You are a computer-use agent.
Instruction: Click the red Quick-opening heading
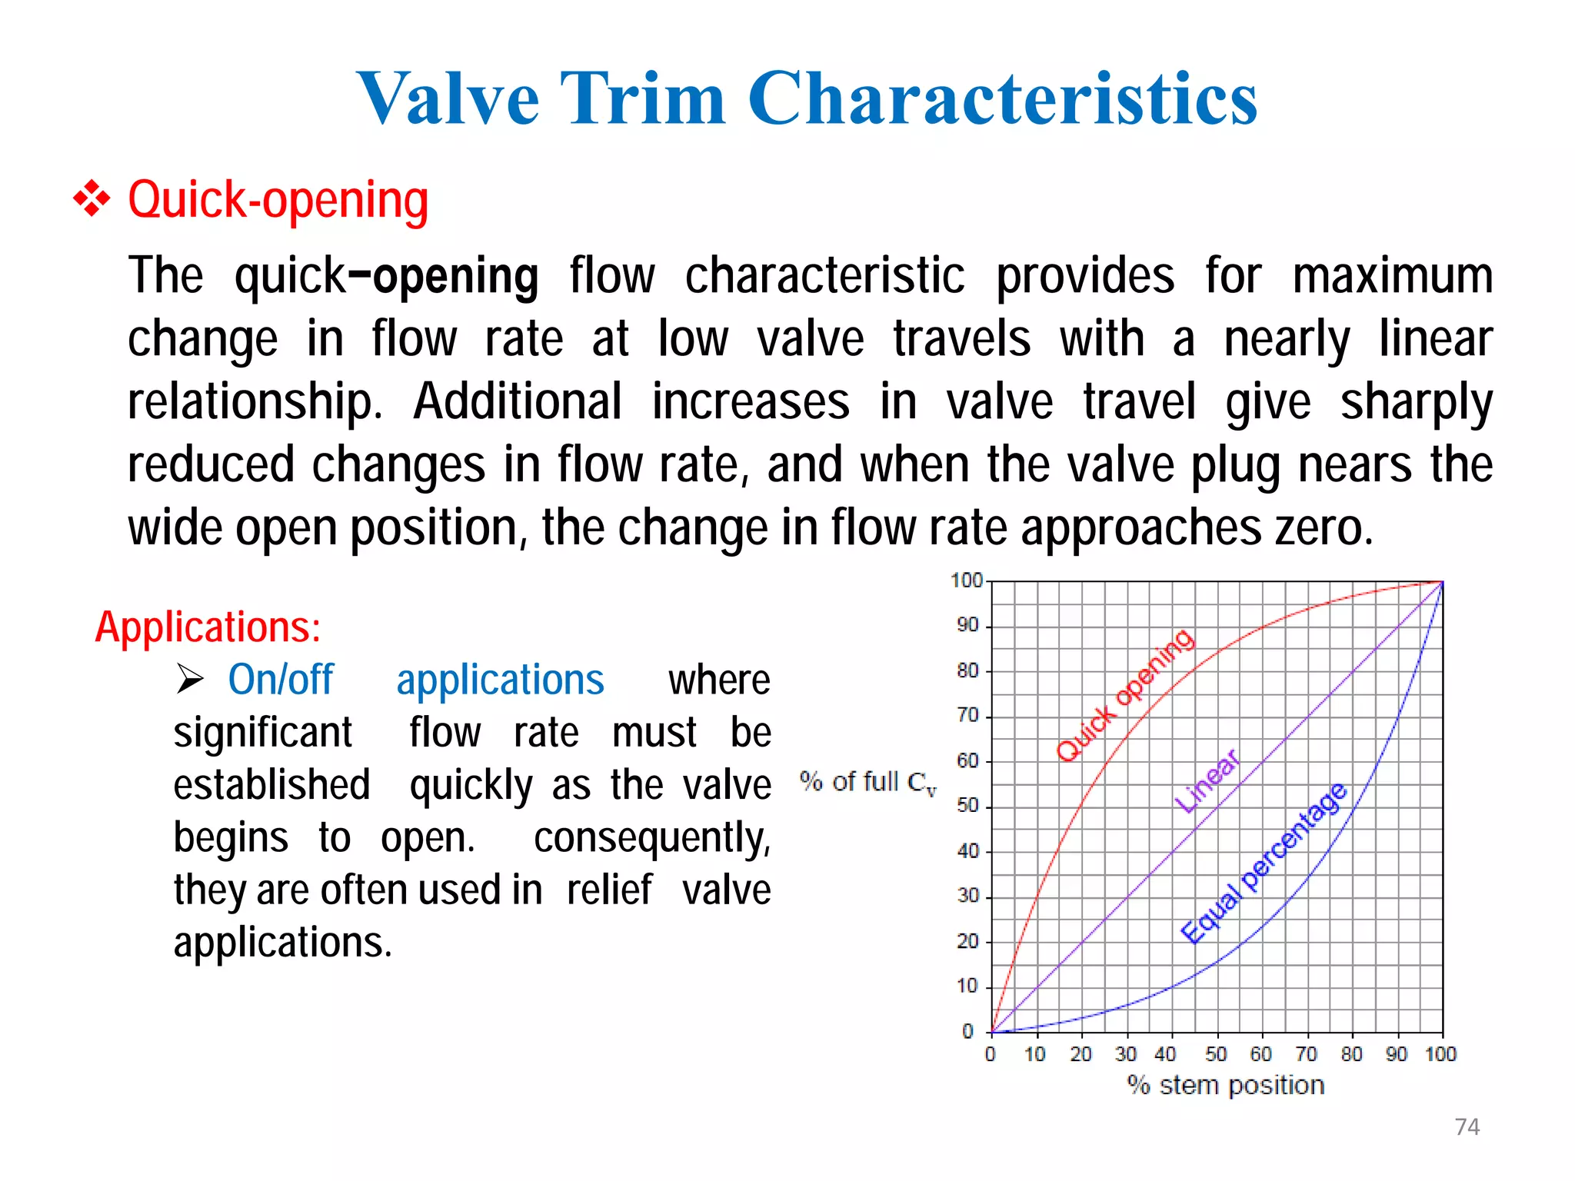[x=278, y=200]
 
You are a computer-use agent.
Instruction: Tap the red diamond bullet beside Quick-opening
[x=92, y=199]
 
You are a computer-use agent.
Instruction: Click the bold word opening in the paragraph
[x=456, y=277]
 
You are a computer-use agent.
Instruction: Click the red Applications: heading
[x=208, y=627]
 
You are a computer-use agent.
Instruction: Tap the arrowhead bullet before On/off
[x=189, y=679]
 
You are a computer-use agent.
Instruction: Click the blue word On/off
[x=281, y=680]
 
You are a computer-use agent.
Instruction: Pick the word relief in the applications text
[x=609, y=890]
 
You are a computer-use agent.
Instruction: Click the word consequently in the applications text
[x=651, y=838]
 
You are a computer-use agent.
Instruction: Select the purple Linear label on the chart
[x=1207, y=781]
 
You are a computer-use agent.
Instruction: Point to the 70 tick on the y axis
[x=968, y=716]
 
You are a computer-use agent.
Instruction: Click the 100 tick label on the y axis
[x=967, y=581]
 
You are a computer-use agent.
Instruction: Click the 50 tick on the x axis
[x=1216, y=1054]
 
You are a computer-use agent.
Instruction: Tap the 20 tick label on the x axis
[x=1081, y=1054]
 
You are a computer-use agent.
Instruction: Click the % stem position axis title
[x=1226, y=1086]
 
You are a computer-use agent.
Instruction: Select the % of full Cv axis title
[x=867, y=783]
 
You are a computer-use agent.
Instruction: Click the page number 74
[x=1467, y=1127]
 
